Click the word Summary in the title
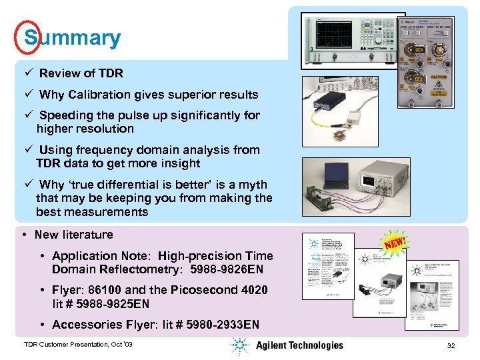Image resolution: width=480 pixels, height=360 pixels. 73,37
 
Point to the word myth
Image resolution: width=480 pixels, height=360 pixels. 253,185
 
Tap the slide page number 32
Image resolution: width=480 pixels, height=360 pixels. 451,345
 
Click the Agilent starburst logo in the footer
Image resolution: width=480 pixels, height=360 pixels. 239,345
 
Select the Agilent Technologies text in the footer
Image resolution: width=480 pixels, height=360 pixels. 299,345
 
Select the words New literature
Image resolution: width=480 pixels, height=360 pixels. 73,235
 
